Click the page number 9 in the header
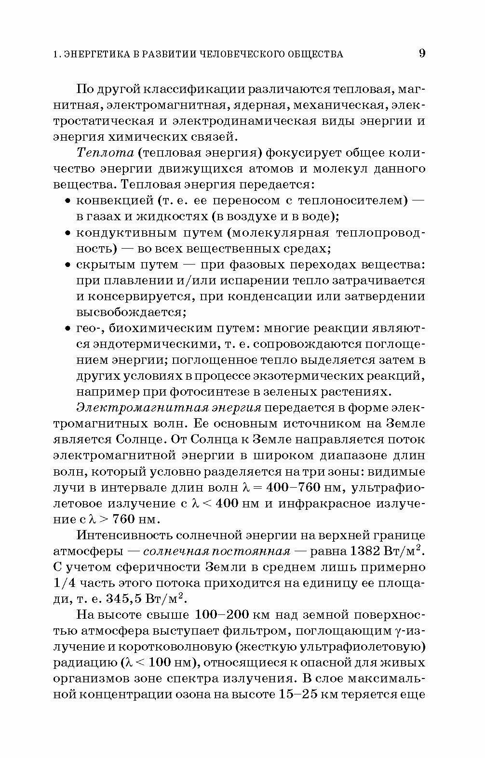tap(421, 53)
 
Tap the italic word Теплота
tap(105, 153)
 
